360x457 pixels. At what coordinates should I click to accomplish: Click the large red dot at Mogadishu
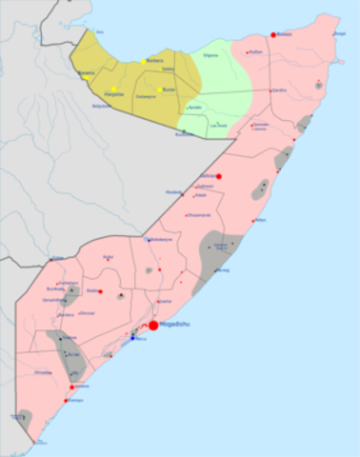click(153, 326)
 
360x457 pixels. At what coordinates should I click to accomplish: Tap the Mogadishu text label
click(177, 325)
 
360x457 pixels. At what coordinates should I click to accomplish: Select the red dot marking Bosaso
click(273, 34)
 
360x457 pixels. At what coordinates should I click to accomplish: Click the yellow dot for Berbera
click(144, 61)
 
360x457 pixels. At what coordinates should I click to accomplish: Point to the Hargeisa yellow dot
click(113, 89)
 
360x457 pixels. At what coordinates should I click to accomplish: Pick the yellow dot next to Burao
click(159, 89)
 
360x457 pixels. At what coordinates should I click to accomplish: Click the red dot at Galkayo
click(219, 176)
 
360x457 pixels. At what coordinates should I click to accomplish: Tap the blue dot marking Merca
click(132, 338)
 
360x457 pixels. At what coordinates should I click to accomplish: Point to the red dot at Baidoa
click(100, 291)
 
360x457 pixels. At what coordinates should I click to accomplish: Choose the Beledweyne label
click(158, 239)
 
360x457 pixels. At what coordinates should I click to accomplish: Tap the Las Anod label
click(218, 124)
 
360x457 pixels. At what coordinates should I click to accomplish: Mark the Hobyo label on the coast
click(261, 220)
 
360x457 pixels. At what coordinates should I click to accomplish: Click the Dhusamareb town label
click(198, 214)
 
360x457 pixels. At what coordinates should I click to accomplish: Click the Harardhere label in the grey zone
click(223, 245)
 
